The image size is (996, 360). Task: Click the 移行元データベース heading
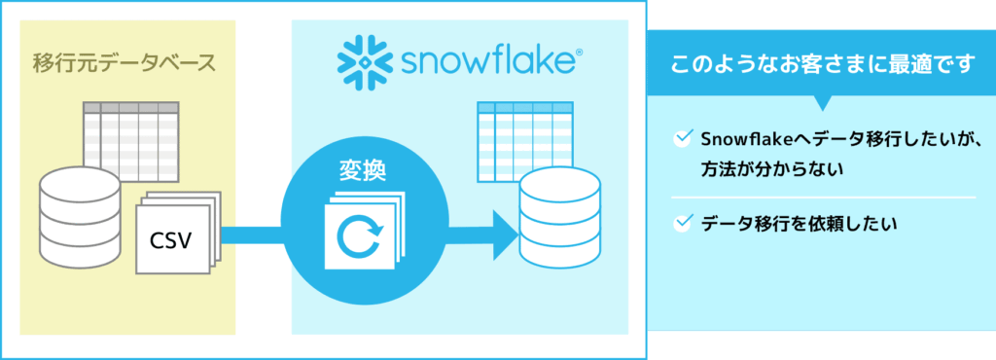(x=124, y=63)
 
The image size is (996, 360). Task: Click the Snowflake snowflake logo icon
(x=360, y=62)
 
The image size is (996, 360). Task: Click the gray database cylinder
(x=80, y=217)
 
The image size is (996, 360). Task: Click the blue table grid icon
(x=523, y=140)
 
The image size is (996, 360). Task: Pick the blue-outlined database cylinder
(x=559, y=217)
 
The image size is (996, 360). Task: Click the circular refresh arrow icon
(x=360, y=235)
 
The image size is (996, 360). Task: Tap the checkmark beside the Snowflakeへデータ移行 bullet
(x=682, y=139)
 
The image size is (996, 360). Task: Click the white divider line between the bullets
(x=823, y=198)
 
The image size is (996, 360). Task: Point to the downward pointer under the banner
(x=823, y=103)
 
